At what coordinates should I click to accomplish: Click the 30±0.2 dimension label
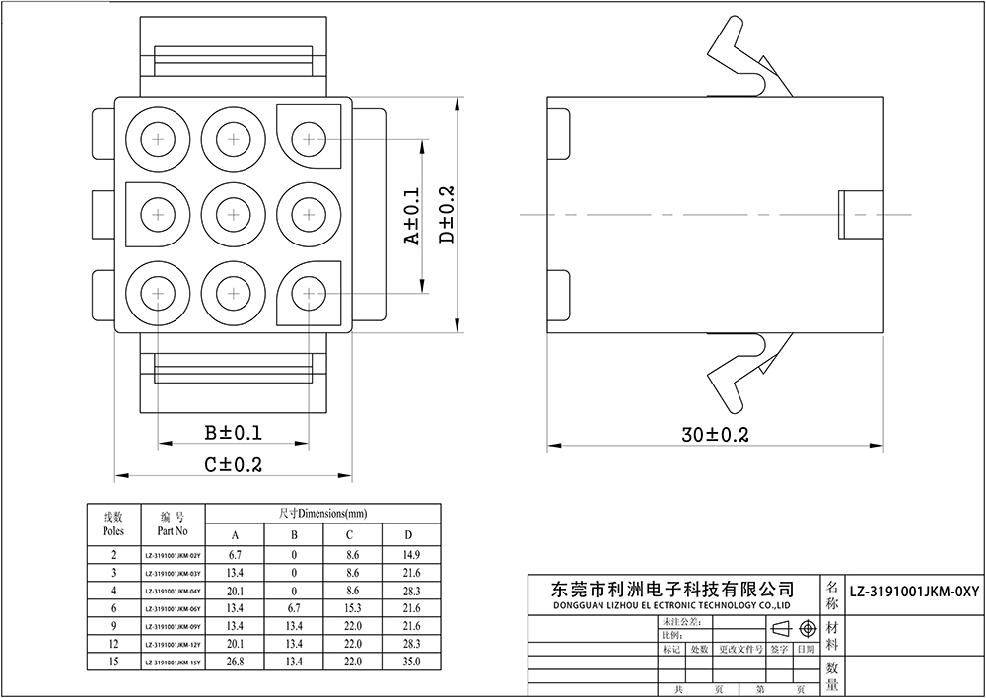pyautogui.click(x=715, y=435)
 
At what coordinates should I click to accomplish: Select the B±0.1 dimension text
pyautogui.click(x=233, y=433)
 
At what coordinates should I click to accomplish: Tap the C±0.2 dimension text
pyautogui.click(x=233, y=464)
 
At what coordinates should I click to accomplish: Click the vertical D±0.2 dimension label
pyautogui.click(x=446, y=215)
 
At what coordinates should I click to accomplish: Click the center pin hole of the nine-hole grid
pyautogui.click(x=233, y=214)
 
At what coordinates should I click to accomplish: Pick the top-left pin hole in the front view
pyautogui.click(x=158, y=140)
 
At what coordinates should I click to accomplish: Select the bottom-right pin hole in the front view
pyautogui.click(x=309, y=292)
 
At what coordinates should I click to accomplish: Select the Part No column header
pyautogui.click(x=173, y=523)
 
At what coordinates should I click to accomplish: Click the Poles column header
pyautogui.click(x=113, y=523)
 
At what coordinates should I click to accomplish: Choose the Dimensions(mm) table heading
pyautogui.click(x=322, y=514)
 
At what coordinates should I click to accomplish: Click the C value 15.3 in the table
pyautogui.click(x=352, y=608)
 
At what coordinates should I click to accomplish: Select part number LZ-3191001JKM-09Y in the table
pyautogui.click(x=173, y=626)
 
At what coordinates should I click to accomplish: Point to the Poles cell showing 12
pyautogui.click(x=113, y=644)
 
